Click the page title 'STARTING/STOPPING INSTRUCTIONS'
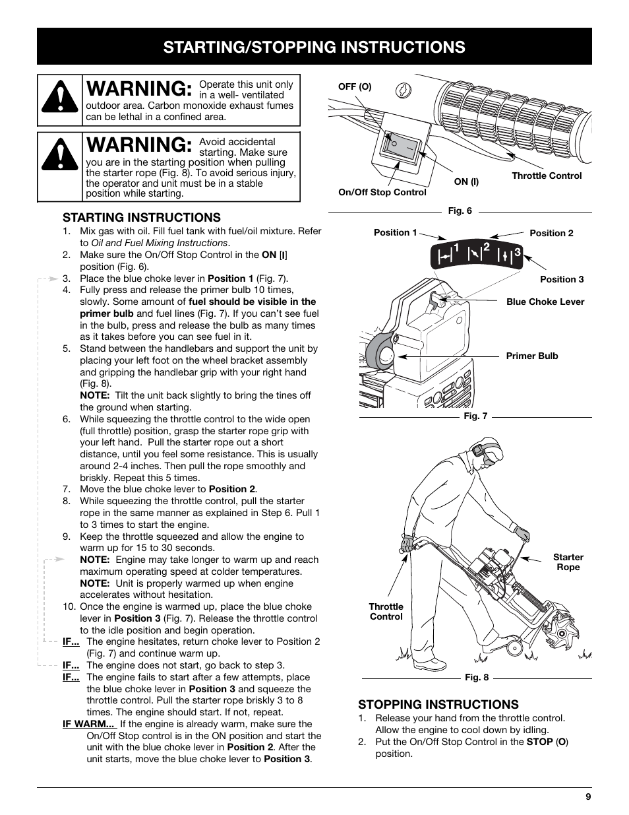click(314, 47)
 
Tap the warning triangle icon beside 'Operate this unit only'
click(60, 100)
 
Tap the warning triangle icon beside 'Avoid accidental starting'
click(60, 158)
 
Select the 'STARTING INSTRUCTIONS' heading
click(142, 218)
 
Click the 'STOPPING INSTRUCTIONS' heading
click(438, 705)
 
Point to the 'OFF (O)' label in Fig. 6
click(355, 87)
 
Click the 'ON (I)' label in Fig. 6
click(466, 181)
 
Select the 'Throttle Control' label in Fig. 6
click(547, 176)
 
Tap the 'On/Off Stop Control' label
click(382, 192)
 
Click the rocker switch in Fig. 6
click(400, 146)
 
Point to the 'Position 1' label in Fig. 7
click(395, 232)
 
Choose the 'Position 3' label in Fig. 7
click(562, 279)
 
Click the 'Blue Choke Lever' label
click(545, 302)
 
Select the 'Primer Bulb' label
click(531, 356)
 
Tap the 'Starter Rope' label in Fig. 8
click(568, 562)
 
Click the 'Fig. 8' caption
click(477, 677)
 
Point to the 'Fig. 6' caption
click(460, 211)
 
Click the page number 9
click(587, 797)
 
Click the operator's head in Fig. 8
click(486, 454)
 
